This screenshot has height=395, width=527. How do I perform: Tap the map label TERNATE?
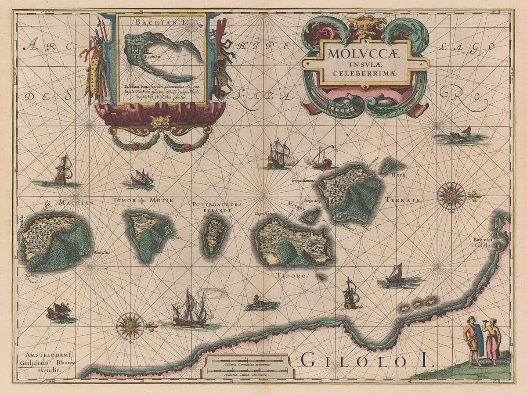[x=403, y=200]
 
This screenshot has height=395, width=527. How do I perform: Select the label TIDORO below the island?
[x=291, y=276]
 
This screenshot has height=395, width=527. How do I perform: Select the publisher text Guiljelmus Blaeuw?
[x=43, y=363]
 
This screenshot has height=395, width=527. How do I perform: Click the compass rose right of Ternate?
[x=451, y=195]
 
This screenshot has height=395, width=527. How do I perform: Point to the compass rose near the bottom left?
[x=130, y=326]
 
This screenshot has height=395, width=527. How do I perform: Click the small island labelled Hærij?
[x=391, y=165]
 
